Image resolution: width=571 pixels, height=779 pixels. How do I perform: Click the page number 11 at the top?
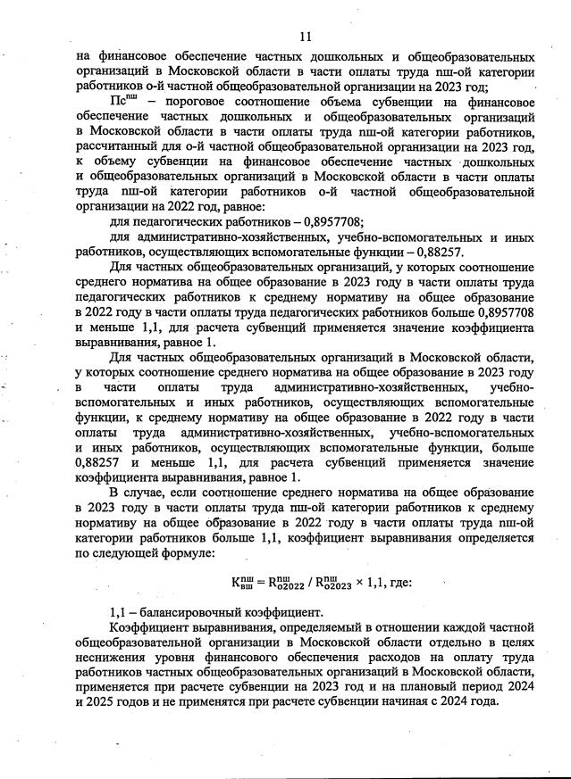tap(305, 37)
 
